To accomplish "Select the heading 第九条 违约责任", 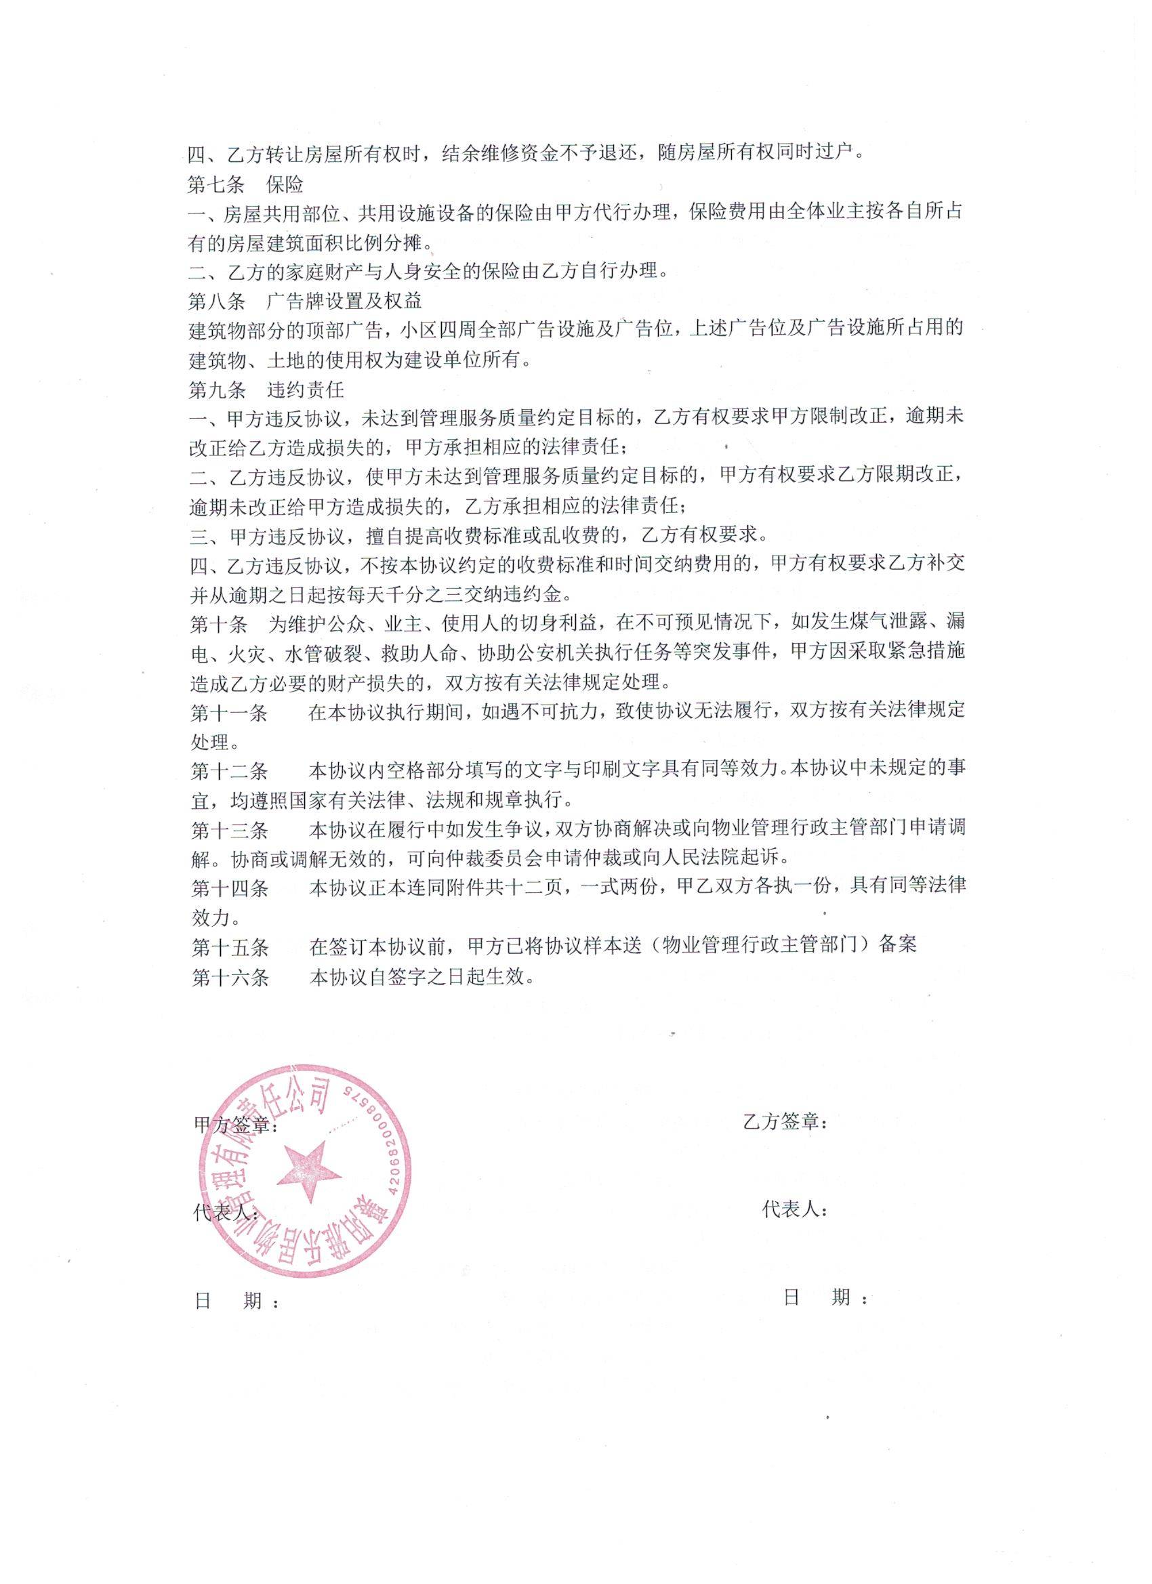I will point(266,388).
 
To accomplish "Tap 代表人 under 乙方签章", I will point(795,1209).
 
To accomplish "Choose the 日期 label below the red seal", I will point(238,1300).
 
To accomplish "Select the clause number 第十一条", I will point(229,711).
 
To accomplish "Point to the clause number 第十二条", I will point(229,770).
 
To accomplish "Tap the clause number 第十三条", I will point(229,830).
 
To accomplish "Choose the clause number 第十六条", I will point(229,976).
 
